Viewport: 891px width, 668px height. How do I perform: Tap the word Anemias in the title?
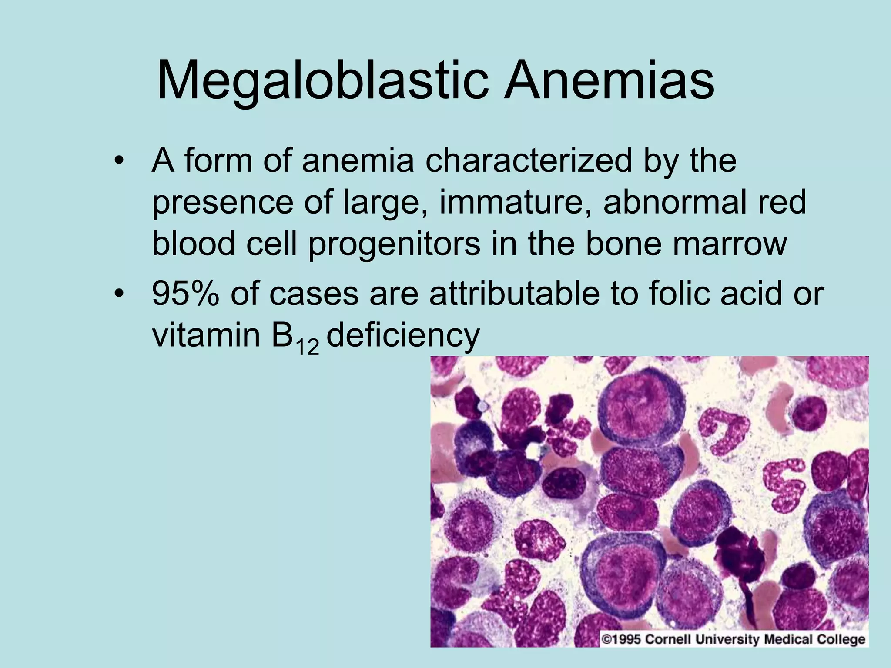click(609, 81)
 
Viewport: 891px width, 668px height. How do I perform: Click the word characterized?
click(528, 161)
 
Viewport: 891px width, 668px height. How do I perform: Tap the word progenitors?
click(394, 244)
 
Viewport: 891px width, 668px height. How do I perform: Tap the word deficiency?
click(403, 336)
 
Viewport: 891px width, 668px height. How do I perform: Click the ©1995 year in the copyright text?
click(621, 639)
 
